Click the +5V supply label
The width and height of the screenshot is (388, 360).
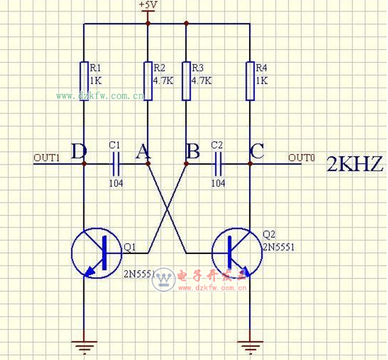pos(148,5)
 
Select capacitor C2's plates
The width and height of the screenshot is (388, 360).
pos(218,164)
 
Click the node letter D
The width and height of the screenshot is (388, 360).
pos(78,152)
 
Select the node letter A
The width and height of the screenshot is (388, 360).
pos(143,152)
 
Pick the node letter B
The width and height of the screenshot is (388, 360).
pos(192,152)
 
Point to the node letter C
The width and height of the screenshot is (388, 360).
pos(257,152)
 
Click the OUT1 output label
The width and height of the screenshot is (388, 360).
pos(46,158)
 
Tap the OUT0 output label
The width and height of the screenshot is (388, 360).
pos(301,158)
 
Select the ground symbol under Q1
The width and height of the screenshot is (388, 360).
pos(84,348)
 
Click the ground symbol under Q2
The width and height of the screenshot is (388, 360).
pos(250,348)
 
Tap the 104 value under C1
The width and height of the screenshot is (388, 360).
pos(116,182)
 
